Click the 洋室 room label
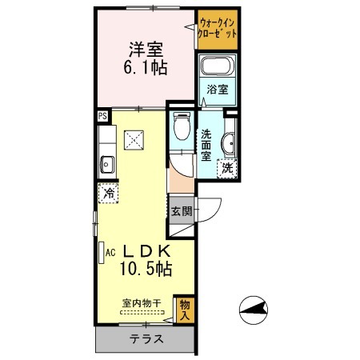[x=146, y=50]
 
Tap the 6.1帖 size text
[x=146, y=67]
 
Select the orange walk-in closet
[x=218, y=30]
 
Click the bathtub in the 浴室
[x=218, y=66]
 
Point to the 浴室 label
[x=218, y=90]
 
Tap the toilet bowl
[x=182, y=126]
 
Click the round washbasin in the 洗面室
[x=229, y=144]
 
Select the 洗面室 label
[x=206, y=146]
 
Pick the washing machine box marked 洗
[x=227, y=168]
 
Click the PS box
[x=103, y=116]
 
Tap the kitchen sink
[x=107, y=165]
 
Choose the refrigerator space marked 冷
[x=108, y=193]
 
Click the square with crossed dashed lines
[x=134, y=140]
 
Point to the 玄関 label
[x=182, y=211]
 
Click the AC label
[x=110, y=252]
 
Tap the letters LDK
[x=146, y=251]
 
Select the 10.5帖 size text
[x=146, y=269]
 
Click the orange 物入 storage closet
[x=184, y=309]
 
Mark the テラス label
[x=146, y=339]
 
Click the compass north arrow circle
[x=254, y=310]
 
